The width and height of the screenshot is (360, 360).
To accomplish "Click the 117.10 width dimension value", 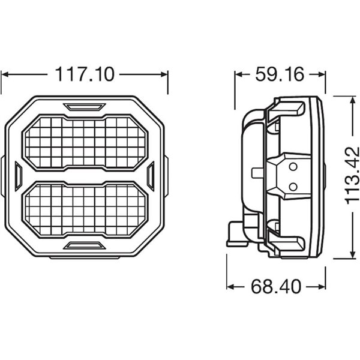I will pyautogui.click(x=85, y=75).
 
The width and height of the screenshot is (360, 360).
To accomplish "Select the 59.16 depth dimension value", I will pyautogui.click(x=279, y=74).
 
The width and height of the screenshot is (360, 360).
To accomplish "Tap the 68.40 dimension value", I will pyautogui.click(x=276, y=287).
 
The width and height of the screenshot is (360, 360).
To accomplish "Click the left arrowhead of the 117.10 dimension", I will pyautogui.click(x=5, y=75).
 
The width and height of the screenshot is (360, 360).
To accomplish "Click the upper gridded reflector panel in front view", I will pyautogui.click(x=85, y=142).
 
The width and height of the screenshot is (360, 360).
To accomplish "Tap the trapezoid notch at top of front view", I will pyautogui.click(x=85, y=107).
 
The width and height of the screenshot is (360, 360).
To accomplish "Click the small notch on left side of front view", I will pyautogui.click(x=18, y=176).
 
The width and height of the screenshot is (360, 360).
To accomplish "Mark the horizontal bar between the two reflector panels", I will pyautogui.click(x=85, y=176).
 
